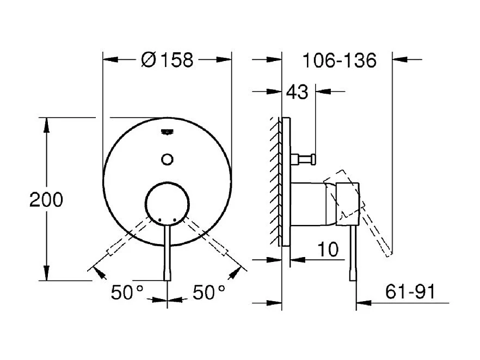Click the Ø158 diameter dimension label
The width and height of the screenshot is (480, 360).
coord(167,60)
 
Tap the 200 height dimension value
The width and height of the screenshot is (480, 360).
coord(46,199)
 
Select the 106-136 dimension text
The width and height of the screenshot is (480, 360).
coord(339,60)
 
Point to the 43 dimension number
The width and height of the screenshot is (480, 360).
coord(297,91)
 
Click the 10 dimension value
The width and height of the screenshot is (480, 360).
coord(328,249)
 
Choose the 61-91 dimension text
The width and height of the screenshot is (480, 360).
coord(410,291)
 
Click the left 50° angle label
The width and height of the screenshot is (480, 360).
coord(127,292)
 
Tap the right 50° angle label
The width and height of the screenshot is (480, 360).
coord(209,292)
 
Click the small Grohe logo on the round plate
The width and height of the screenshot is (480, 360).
coord(167,132)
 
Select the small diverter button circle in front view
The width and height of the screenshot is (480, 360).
coord(167,159)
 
